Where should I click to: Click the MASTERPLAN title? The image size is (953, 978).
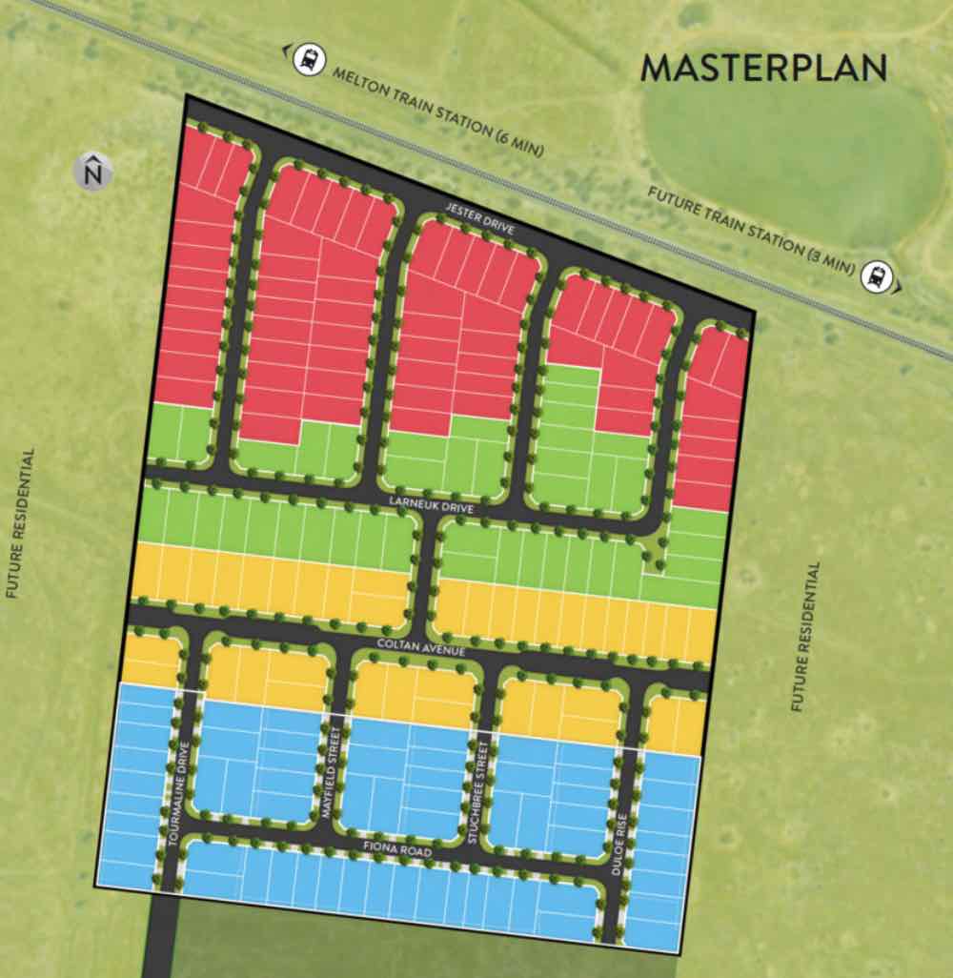pyautogui.click(x=764, y=69)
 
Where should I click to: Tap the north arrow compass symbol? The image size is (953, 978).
pyautogui.click(x=92, y=172)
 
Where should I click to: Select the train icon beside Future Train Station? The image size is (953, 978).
pyautogui.click(x=874, y=277)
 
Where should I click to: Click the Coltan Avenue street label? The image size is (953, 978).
pyautogui.click(x=420, y=649)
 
